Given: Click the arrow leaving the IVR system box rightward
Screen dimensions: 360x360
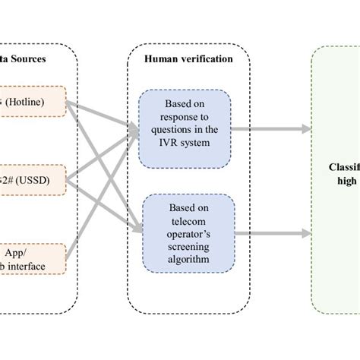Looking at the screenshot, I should (x=266, y=128).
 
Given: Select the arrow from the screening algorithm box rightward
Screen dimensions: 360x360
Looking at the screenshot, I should (x=266, y=233).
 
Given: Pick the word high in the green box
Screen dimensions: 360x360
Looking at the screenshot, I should (x=346, y=180).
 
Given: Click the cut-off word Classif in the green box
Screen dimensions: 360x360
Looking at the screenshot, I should (x=343, y=166).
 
